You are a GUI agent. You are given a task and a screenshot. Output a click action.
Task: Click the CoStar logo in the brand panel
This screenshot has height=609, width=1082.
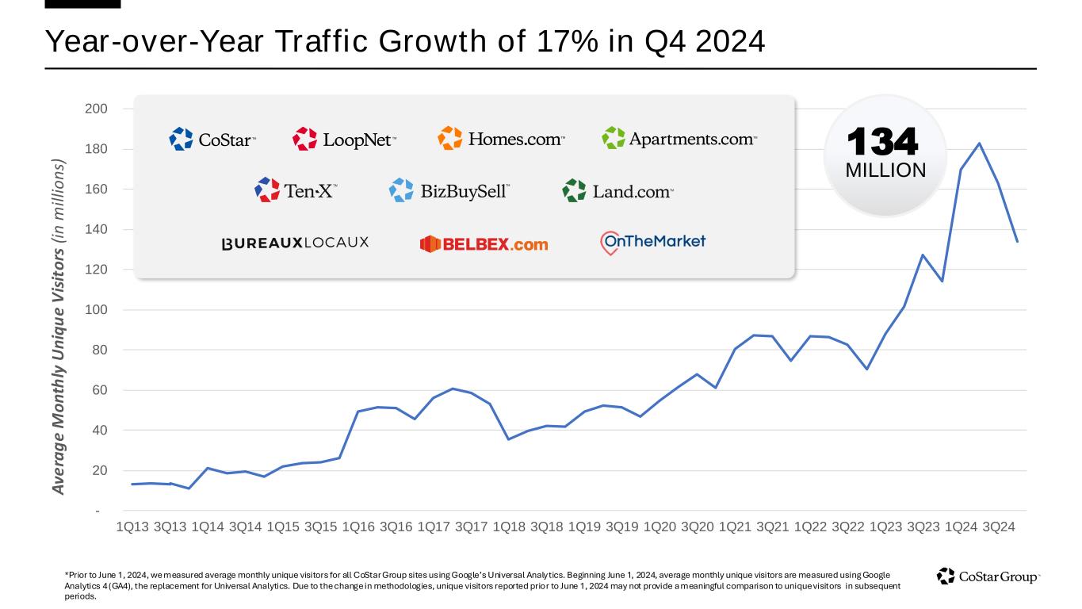(x=212, y=140)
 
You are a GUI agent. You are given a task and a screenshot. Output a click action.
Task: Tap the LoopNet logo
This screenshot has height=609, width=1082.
(x=344, y=140)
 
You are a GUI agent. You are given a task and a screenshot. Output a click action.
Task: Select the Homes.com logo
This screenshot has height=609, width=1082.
(x=501, y=139)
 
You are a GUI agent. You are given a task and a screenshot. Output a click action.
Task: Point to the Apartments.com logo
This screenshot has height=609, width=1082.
(x=679, y=139)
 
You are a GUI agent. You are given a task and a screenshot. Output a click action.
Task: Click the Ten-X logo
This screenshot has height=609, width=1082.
(x=296, y=190)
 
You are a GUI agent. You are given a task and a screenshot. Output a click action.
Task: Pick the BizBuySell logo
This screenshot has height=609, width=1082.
(x=449, y=190)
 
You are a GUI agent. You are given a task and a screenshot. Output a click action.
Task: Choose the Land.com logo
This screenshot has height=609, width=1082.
(x=617, y=190)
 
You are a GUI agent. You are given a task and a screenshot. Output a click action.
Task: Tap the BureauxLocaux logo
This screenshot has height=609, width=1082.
(x=295, y=243)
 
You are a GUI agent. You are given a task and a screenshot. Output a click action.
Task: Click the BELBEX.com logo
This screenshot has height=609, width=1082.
(x=484, y=244)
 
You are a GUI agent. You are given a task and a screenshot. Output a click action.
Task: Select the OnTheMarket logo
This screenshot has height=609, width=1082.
(x=652, y=242)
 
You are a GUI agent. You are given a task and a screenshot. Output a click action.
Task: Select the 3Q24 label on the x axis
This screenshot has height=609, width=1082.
(x=999, y=527)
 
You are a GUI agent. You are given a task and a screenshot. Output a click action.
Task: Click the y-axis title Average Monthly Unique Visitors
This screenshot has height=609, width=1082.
(x=59, y=327)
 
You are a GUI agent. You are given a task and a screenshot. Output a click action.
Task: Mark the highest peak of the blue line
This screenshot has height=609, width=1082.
(x=980, y=144)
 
